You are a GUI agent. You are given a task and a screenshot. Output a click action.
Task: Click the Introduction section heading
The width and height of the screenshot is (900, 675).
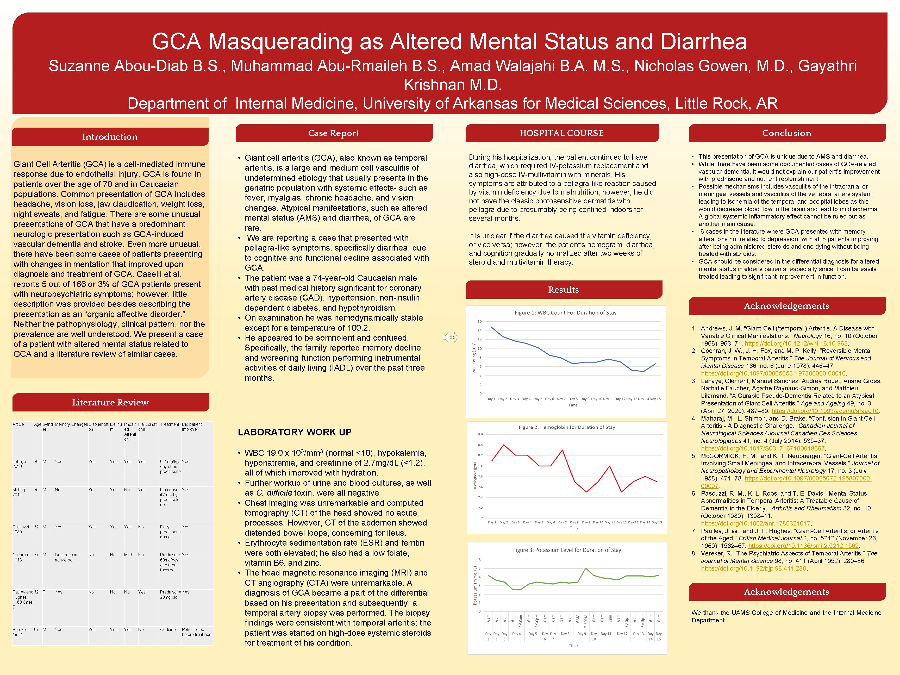[110, 137]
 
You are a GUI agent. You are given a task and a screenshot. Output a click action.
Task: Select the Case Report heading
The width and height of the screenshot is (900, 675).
[334, 133]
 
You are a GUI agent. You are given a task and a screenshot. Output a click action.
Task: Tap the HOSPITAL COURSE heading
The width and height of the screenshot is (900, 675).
[561, 133]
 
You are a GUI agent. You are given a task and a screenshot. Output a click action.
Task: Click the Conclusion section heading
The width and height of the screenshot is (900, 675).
[786, 133]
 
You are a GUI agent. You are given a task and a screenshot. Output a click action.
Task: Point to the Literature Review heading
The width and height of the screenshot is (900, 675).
[111, 402]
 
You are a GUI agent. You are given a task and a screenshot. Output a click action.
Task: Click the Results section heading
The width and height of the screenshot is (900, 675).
[564, 290]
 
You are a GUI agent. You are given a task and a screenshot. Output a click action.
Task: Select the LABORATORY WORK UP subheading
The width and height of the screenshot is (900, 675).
[295, 432]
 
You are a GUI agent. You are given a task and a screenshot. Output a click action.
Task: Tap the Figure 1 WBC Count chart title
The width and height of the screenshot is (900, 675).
[566, 312]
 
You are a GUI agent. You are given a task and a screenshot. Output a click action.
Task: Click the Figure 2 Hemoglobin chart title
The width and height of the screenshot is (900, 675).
[567, 427]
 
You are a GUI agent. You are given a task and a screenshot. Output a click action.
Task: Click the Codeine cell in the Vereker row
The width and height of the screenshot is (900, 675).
[168, 629]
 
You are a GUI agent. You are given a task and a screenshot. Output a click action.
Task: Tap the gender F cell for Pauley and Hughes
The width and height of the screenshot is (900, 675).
[44, 592]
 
